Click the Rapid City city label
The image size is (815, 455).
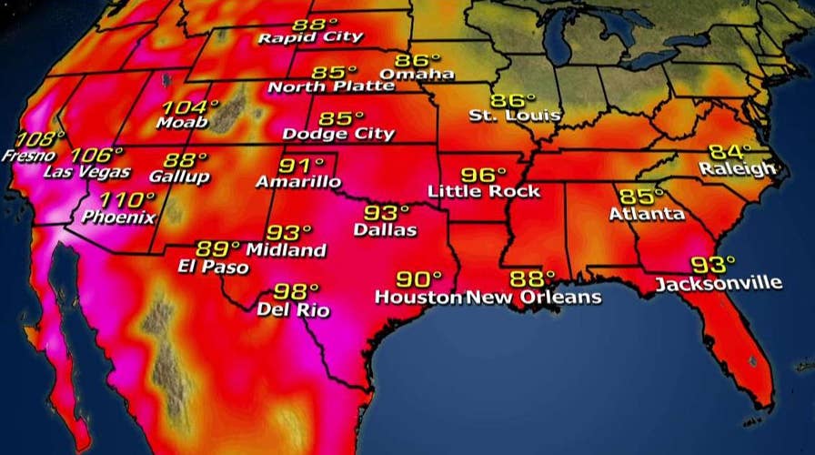[310, 37]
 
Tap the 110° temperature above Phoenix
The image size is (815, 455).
[126, 200]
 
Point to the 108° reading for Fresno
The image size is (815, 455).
[40, 139]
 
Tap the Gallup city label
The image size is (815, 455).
[182, 177]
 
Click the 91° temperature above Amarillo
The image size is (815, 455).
[302, 165]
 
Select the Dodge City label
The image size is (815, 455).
[338, 134]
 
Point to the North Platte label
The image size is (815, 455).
[331, 87]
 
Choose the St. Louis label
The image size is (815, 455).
[515, 116]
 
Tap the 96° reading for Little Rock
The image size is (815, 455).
[483, 174]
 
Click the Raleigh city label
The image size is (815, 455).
[738, 168]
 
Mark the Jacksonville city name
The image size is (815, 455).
[719, 283]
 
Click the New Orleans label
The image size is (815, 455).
[534, 297]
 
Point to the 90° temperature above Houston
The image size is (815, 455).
[418, 278]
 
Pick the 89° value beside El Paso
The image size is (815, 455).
[218, 248]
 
